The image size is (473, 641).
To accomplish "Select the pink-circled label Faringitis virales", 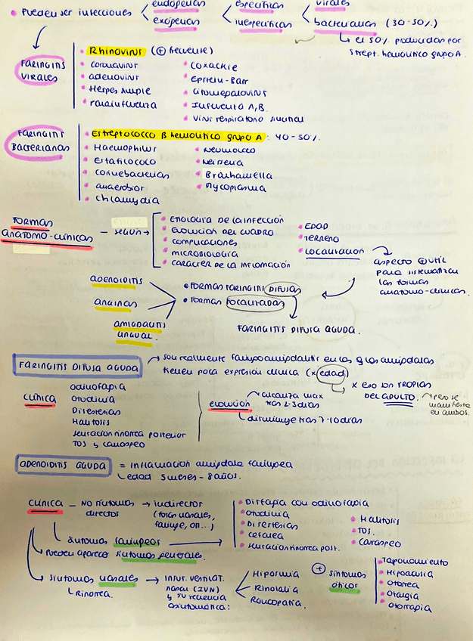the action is pos(42,71).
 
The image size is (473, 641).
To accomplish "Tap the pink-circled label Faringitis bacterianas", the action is pos(38,141).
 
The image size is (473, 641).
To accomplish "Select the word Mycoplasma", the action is pos(235,188).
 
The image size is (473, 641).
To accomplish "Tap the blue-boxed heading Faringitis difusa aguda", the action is pos(76,367).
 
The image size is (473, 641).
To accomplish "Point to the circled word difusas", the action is pos(283,289).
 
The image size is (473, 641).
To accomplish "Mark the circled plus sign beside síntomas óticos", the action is pos(319,568).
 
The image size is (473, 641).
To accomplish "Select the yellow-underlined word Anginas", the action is pos(110,304).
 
